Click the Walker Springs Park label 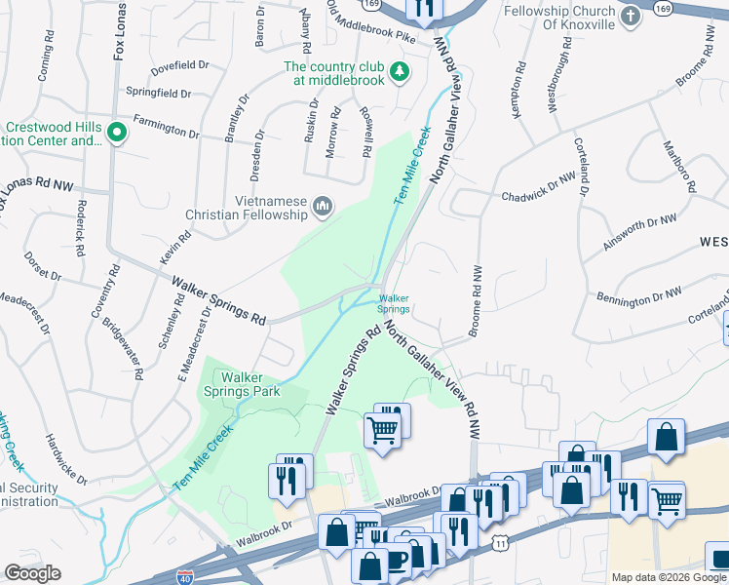coord(250,384)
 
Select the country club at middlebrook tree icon coord(399,71)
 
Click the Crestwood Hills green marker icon coord(116,132)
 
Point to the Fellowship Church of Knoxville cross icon coord(631,16)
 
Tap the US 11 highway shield coord(499,541)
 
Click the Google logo coord(32,572)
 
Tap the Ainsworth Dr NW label coord(639,234)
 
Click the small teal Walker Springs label coord(394,303)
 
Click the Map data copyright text coord(669,577)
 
